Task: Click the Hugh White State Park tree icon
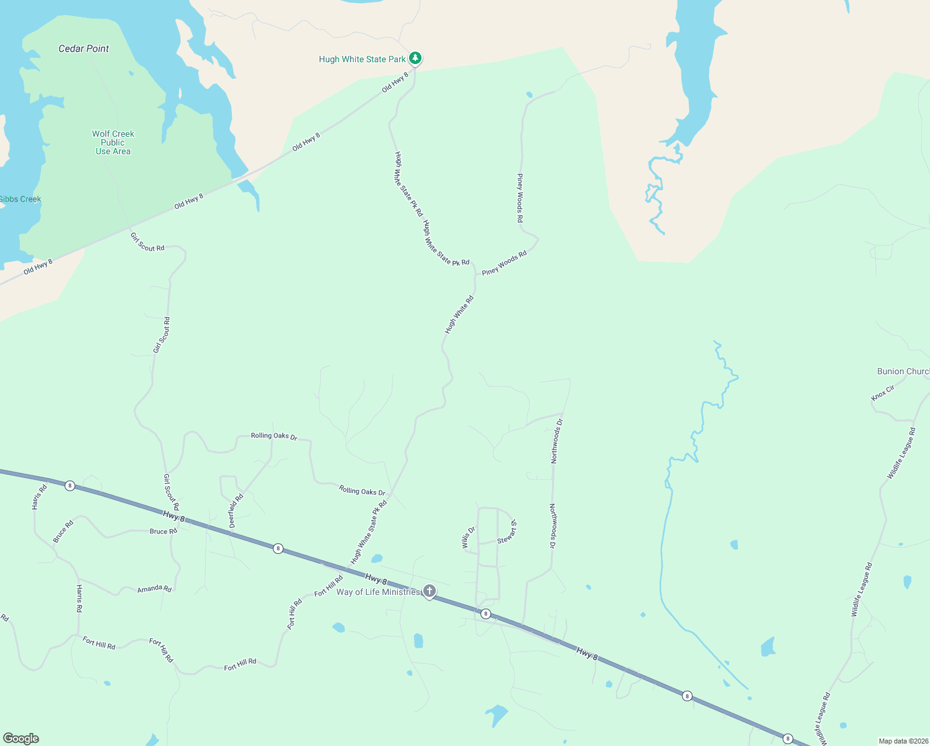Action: coord(415,58)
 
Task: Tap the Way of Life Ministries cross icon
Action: coord(429,591)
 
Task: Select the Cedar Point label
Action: coord(84,48)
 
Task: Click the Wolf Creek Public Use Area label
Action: coord(113,142)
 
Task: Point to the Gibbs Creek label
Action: coord(20,199)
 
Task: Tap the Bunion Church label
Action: coord(903,371)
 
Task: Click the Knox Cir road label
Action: coord(883,393)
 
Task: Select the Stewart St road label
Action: coord(507,532)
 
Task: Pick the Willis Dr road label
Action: coord(468,538)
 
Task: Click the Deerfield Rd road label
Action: coord(236,511)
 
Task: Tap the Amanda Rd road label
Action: coord(154,588)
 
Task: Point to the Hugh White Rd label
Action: coord(459,315)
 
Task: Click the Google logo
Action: coord(21,739)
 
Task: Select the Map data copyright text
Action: coord(903,741)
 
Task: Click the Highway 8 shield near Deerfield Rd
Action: coord(278,548)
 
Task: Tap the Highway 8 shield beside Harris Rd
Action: coord(70,486)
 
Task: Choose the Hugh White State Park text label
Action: coord(362,59)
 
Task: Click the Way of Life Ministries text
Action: coord(378,592)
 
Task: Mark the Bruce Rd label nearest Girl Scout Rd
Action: coord(163,532)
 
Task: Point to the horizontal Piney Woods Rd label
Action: coord(504,263)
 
